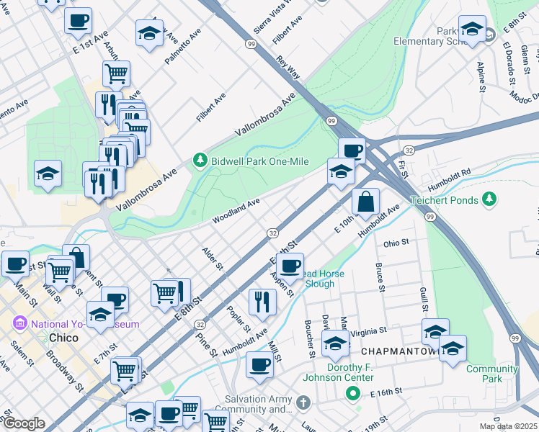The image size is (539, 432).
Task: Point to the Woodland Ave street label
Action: [236, 211]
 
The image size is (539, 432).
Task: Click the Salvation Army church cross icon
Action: [303, 402]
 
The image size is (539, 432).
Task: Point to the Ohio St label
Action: [396, 243]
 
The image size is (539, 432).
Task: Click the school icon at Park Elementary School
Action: [472, 30]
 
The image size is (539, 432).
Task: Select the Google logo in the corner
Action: [23, 423]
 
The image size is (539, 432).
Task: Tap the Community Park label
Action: [491, 374]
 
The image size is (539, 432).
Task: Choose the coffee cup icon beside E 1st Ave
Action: [78, 21]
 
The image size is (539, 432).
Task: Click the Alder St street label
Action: [213, 258]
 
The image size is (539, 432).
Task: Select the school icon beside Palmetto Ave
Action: [149, 33]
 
